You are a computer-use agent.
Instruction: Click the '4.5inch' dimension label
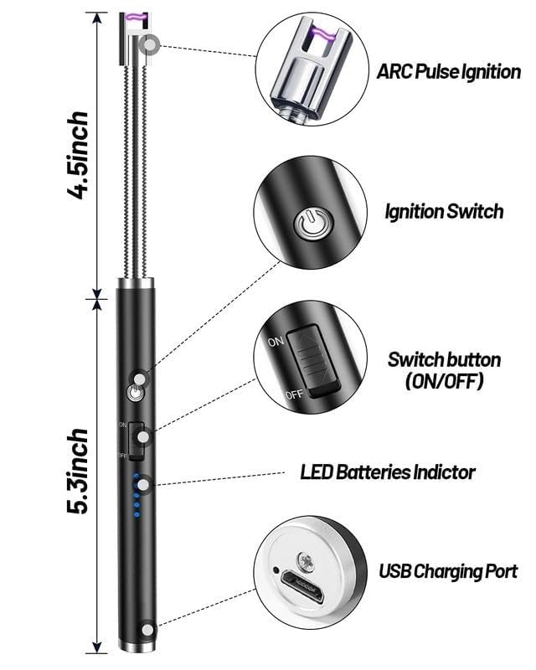(80, 153)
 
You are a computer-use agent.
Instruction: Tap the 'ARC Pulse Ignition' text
(449, 72)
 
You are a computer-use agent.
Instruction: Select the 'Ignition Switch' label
(444, 211)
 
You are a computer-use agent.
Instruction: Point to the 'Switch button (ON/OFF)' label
(444, 371)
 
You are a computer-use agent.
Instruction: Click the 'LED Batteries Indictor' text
(388, 472)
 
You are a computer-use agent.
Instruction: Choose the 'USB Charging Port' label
(448, 572)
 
